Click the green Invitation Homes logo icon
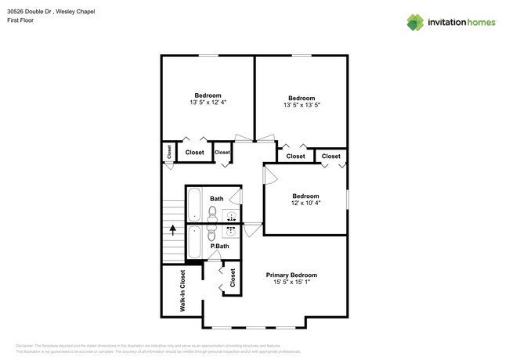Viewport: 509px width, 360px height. pos(415,22)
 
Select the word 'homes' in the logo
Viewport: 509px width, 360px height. pos(478,23)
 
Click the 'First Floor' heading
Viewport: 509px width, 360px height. pos(21,20)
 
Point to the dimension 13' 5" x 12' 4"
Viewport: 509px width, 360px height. pos(208,103)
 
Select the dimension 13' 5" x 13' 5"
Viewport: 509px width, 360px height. pos(301,105)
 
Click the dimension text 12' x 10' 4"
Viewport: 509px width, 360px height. pos(305,203)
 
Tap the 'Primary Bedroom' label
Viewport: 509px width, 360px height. pos(291,275)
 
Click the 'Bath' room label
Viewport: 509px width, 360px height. pos(216,199)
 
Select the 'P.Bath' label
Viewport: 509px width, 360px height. pos(219,247)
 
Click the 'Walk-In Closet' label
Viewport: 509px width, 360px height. pos(182,291)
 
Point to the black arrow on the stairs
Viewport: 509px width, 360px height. pos(172,232)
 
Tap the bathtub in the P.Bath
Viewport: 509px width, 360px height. pos(195,243)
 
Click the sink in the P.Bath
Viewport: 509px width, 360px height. pos(233,232)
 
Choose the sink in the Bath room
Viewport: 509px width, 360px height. pos(233,216)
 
